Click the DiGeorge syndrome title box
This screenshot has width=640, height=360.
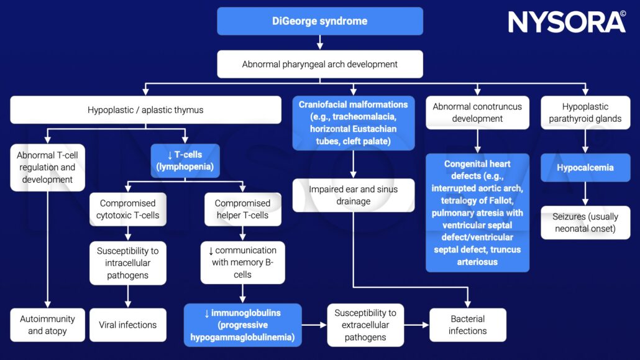click(319, 21)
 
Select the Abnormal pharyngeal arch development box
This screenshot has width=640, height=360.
click(319, 64)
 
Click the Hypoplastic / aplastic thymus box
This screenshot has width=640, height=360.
click(145, 110)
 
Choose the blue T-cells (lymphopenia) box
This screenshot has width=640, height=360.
click(185, 161)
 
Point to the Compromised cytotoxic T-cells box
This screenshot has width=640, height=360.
click(127, 209)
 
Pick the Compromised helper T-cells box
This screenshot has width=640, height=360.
click(242, 209)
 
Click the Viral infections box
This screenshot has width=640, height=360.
click(127, 325)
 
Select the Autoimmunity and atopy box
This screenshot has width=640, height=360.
click(47, 325)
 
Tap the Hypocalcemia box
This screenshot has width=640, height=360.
click(585, 168)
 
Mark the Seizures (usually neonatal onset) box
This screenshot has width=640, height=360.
click(585, 223)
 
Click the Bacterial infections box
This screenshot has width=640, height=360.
click(467, 325)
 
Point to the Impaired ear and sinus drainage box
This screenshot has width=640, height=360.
click(353, 195)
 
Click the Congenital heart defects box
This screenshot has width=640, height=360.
click(477, 213)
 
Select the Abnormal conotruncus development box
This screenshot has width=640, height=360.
click(477, 113)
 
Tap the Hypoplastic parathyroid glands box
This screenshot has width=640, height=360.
click(585, 113)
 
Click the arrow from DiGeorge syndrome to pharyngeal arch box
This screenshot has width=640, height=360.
click(319, 43)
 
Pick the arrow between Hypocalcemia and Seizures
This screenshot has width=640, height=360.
click(585, 194)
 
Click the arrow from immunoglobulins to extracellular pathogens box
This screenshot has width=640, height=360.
click(314, 325)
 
